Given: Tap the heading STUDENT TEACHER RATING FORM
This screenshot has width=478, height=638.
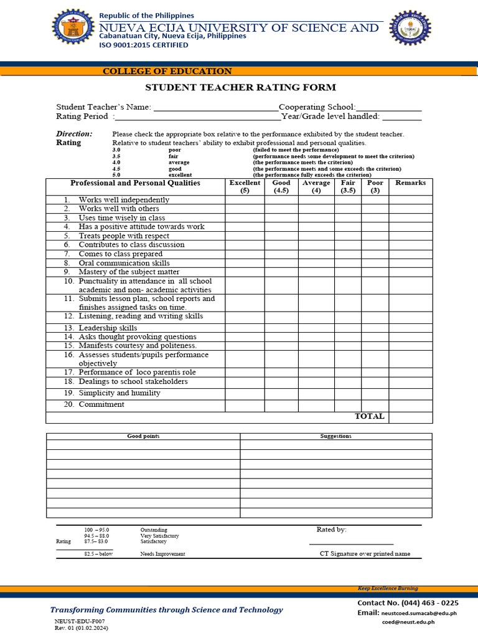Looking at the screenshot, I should [240, 87].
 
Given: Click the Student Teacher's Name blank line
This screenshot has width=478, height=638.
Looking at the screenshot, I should [216, 108].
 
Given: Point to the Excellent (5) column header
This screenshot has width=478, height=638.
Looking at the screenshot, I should [245, 187].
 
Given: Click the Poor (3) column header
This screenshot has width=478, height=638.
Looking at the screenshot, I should [375, 187].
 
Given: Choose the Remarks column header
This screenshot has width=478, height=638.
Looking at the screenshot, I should [410, 183].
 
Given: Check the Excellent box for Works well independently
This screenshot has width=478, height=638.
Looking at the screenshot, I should [245, 200].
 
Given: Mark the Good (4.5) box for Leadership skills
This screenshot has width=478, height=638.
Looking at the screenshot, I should [281, 328].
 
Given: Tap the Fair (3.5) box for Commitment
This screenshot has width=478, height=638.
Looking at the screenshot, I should [348, 405].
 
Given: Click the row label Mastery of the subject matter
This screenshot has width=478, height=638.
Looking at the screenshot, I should [129, 272].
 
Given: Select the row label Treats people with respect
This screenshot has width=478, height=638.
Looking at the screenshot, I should [124, 236].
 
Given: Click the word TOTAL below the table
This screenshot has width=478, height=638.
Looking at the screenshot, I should [370, 417].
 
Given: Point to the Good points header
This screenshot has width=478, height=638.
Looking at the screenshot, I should [143, 436].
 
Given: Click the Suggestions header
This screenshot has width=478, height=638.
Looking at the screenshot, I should [335, 436].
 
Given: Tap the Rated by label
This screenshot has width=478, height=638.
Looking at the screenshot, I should [332, 530].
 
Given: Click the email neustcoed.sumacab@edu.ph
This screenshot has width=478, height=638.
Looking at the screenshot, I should [419, 613].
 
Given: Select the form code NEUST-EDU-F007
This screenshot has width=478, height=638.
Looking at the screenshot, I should [80, 622].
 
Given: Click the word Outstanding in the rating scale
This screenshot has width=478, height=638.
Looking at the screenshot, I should [154, 530].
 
